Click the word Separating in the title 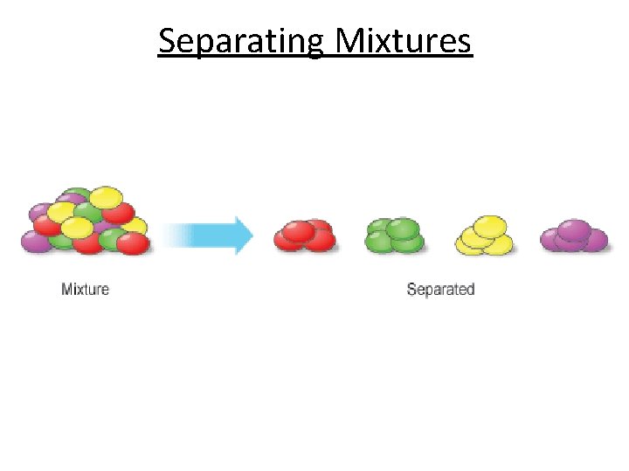[241, 41]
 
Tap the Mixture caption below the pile [86, 289]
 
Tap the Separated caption [440, 289]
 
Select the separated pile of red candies [305, 235]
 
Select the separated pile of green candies [396, 235]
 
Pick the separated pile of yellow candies [485, 235]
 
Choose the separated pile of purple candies [574, 235]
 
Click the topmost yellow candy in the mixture [106, 197]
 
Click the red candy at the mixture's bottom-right [133, 243]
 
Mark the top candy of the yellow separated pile [489, 225]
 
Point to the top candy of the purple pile [574, 229]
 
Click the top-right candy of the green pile [404, 229]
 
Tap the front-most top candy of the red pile [299, 231]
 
